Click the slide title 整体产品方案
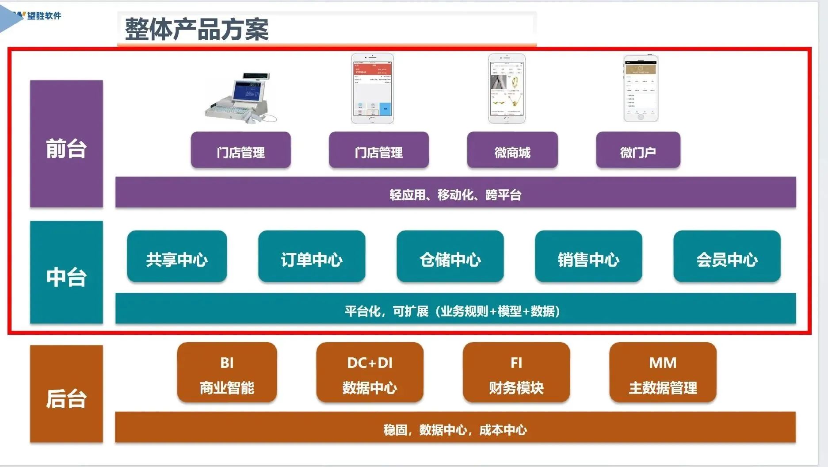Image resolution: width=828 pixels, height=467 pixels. tap(197, 30)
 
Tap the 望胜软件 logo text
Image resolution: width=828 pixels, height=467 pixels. tap(44, 16)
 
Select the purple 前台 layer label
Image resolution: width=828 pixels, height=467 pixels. tap(66, 144)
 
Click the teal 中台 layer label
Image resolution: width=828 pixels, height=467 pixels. tap(66, 272)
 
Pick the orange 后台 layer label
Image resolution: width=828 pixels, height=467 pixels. tap(66, 394)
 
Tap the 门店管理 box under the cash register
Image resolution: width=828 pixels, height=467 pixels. tap(240, 150)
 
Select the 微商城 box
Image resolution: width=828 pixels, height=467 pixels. tap(512, 150)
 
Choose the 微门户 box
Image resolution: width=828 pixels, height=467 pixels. tap(638, 150)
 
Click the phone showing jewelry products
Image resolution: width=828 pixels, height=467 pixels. tap(507, 89)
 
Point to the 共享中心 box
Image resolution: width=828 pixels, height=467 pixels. tap(177, 256)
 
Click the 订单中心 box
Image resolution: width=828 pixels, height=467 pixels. tap(312, 256)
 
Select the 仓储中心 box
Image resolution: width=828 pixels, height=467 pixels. tap(450, 256)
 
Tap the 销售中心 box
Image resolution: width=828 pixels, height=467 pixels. tap(588, 256)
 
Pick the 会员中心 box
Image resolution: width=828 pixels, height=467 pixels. tap(727, 256)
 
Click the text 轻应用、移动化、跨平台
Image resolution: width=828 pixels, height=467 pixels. tap(455, 195)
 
